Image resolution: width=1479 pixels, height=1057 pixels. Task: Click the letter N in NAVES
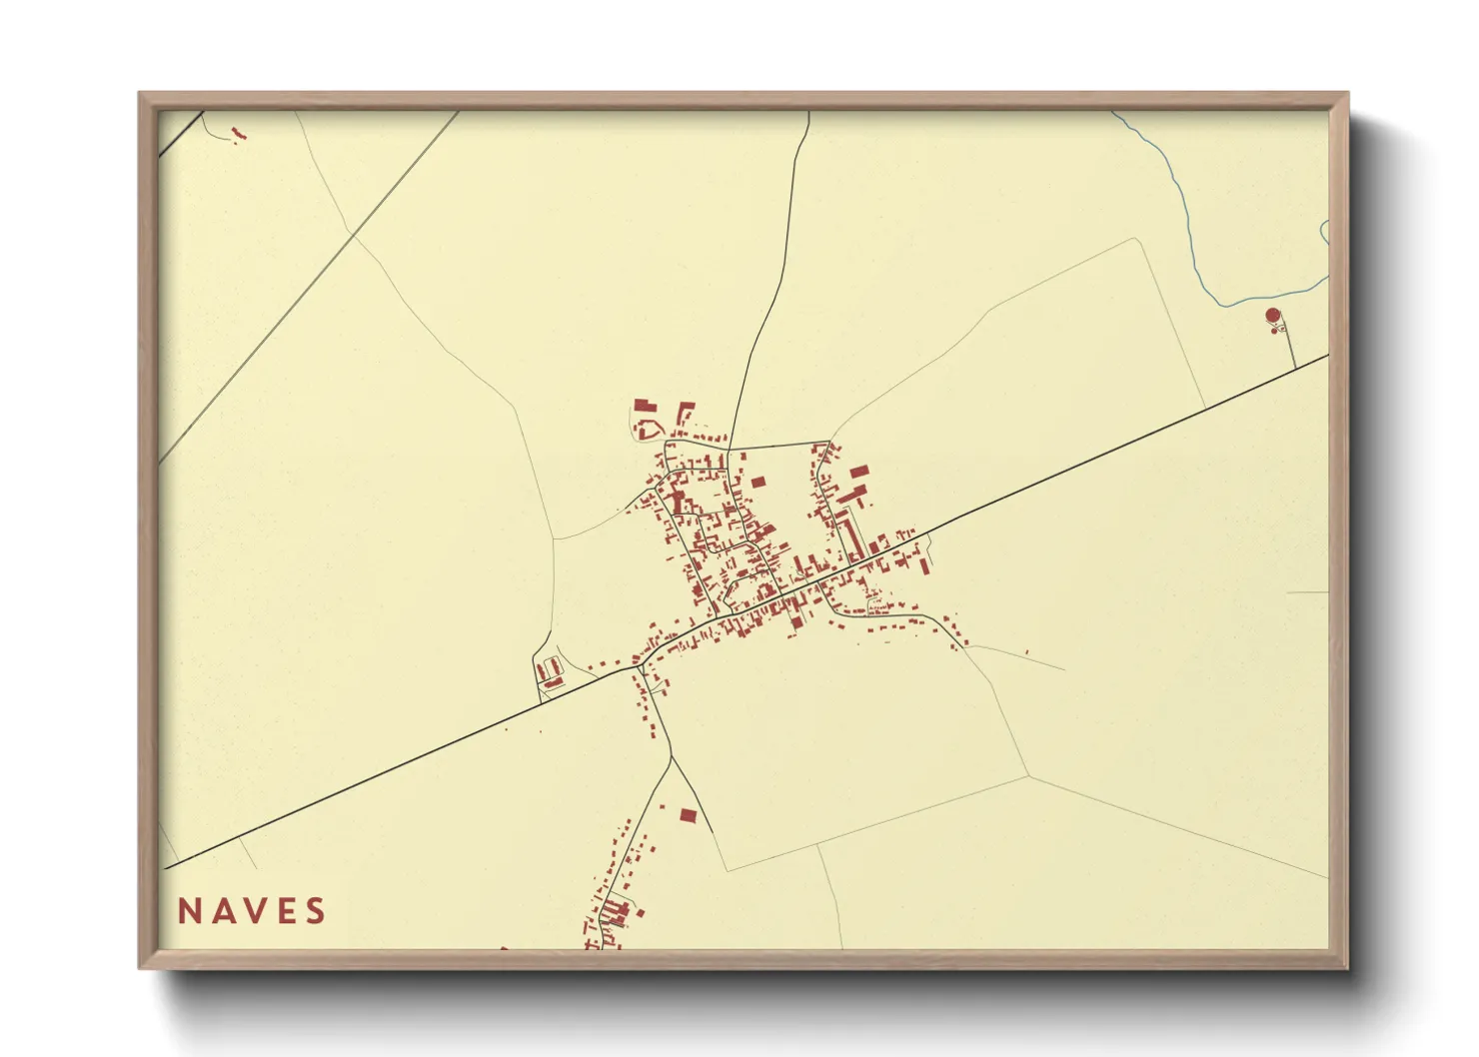[190, 911]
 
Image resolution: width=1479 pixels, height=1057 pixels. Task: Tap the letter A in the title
[222, 911]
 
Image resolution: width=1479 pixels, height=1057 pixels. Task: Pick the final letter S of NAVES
[316, 911]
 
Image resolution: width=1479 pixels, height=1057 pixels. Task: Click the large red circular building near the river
[1272, 316]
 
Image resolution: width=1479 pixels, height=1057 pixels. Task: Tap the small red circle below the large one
[1273, 331]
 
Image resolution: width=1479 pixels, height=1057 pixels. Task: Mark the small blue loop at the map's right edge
[1324, 232]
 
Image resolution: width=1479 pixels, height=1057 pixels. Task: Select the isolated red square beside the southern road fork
[688, 815]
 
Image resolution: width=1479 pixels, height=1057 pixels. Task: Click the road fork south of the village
[670, 757]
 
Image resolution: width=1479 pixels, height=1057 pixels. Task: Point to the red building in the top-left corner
[237, 133]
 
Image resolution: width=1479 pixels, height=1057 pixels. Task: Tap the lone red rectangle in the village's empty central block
[757, 483]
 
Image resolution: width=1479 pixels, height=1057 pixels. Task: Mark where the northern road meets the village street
[729, 450]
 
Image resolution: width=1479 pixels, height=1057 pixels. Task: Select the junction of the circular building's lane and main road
[1295, 369]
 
